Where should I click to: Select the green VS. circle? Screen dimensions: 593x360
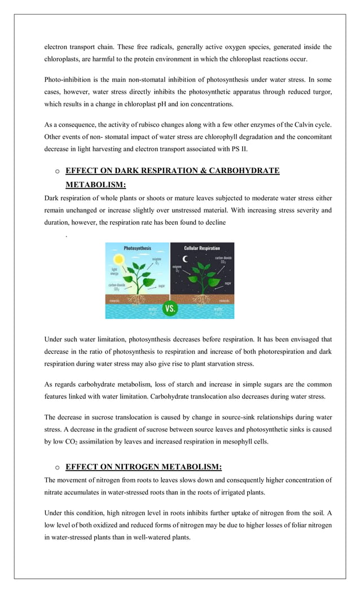coord(170,309)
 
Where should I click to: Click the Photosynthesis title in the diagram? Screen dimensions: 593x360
coord(137,248)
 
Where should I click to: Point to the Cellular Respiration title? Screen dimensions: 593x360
coord(202,248)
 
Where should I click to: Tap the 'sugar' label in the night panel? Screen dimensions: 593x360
coord(227,283)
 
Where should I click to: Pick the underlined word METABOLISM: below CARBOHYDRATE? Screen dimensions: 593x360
coord(95,185)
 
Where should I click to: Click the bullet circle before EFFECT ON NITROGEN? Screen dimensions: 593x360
coord(57,467)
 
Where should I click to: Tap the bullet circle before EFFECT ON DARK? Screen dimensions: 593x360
coord(57,171)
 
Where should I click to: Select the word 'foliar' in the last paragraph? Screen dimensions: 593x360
coord(292,524)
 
